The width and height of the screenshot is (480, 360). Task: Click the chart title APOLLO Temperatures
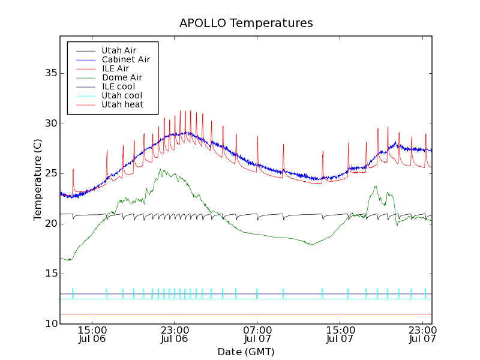pyautogui.click(x=246, y=23)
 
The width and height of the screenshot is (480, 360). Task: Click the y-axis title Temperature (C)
pyautogui.click(x=37, y=179)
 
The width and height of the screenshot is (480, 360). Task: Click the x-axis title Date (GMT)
pyautogui.click(x=246, y=352)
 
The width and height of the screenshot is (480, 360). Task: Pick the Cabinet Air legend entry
pyautogui.click(x=125, y=59)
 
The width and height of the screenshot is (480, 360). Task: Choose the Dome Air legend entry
pyautogui.click(x=122, y=77)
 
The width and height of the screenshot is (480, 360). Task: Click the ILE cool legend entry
pyautogui.click(x=118, y=86)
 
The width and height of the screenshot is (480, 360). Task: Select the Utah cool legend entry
pyautogui.click(x=122, y=95)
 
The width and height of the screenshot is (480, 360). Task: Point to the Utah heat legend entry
pyautogui.click(x=122, y=104)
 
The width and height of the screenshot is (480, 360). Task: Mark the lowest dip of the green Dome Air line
pyautogui.click(x=70, y=260)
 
